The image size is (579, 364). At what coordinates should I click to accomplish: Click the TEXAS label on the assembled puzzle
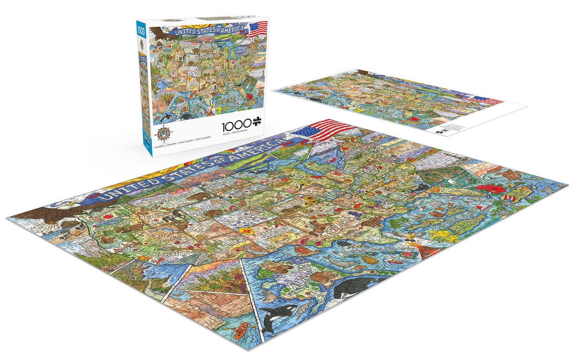(x=340, y=226)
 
